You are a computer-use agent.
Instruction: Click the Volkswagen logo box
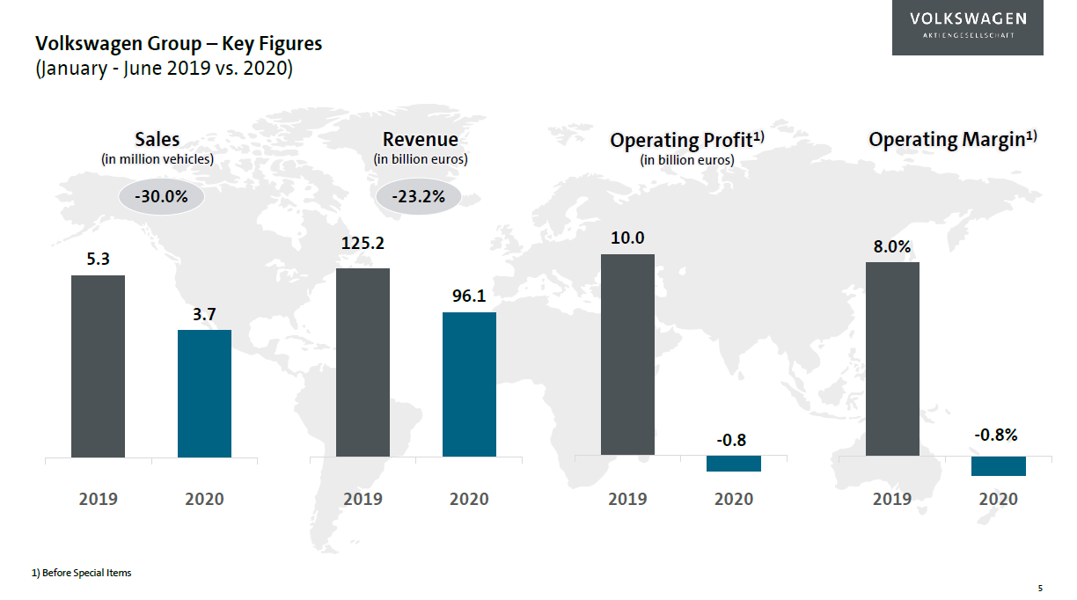(x=967, y=28)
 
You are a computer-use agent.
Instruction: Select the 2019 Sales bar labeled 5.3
(x=98, y=366)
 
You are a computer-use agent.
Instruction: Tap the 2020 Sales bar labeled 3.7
(x=204, y=393)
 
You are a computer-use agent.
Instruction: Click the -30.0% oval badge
(x=161, y=197)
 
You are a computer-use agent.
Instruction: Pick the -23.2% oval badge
(x=420, y=197)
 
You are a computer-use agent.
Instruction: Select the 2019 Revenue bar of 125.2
(x=363, y=362)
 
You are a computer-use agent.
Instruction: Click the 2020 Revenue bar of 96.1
(x=469, y=384)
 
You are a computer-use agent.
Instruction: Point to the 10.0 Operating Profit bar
(x=627, y=355)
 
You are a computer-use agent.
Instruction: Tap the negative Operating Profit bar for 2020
(x=734, y=464)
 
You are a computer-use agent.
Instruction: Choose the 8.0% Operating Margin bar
(x=892, y=359)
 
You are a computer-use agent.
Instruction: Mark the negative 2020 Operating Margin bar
(x=999, y=466)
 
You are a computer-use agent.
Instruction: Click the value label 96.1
(x=469, y=296)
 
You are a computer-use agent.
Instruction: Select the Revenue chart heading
(x=420, y=139)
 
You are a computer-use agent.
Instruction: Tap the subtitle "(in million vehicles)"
(x=158, y=159)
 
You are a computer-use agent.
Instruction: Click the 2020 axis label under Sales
(x=204, y=499)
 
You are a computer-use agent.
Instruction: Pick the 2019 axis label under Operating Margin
(x=892, y=499)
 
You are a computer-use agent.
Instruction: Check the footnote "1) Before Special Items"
(x=81, y=573)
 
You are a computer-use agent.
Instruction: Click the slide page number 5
(x=1040, y=588)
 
